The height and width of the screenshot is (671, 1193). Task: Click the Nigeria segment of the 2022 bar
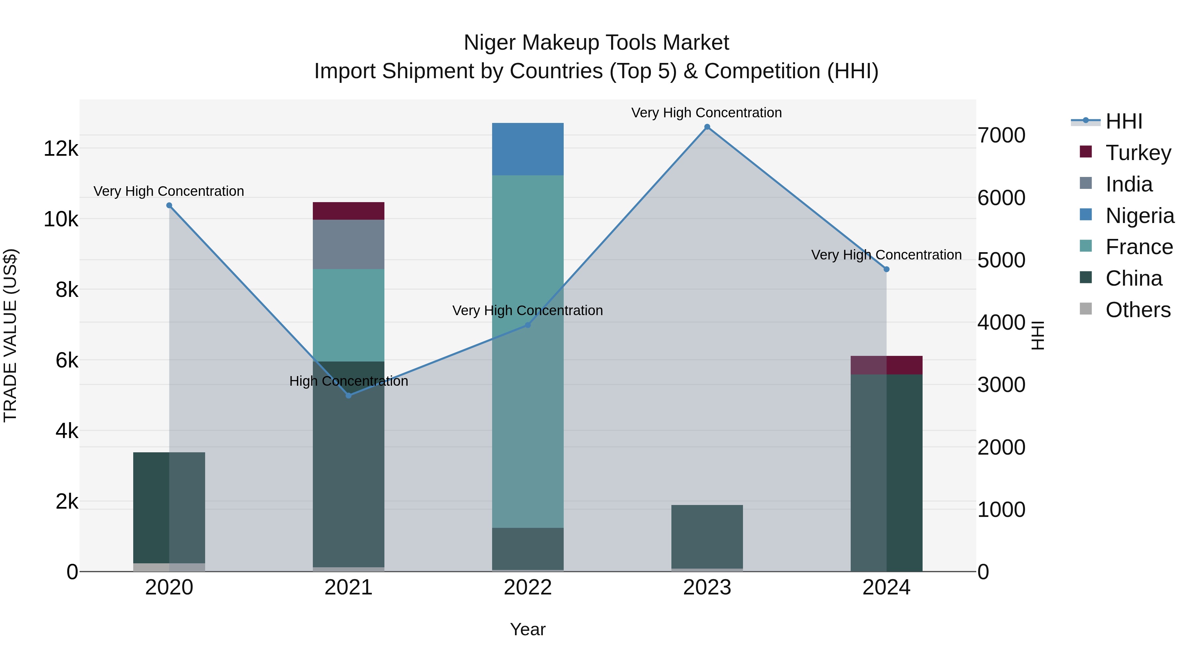528,149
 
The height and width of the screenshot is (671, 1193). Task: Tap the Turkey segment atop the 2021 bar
348,211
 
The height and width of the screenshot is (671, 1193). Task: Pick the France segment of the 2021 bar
348,315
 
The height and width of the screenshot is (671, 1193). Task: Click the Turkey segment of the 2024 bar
886,365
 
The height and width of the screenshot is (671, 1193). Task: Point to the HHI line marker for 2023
707,127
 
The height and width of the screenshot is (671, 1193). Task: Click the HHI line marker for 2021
349,395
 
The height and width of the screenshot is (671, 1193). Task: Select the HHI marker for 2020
169,205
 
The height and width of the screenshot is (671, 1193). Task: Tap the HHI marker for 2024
886,269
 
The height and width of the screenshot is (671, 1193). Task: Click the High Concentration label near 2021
348,381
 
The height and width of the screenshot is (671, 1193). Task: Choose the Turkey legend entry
1138,153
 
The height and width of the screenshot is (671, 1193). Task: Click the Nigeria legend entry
1140,216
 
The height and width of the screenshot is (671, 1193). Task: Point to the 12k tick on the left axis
61,149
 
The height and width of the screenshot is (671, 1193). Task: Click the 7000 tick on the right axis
1001,135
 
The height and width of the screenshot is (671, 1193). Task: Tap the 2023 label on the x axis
707,587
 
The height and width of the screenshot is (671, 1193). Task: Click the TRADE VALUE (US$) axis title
10,335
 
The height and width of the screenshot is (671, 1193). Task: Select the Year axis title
528,630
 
